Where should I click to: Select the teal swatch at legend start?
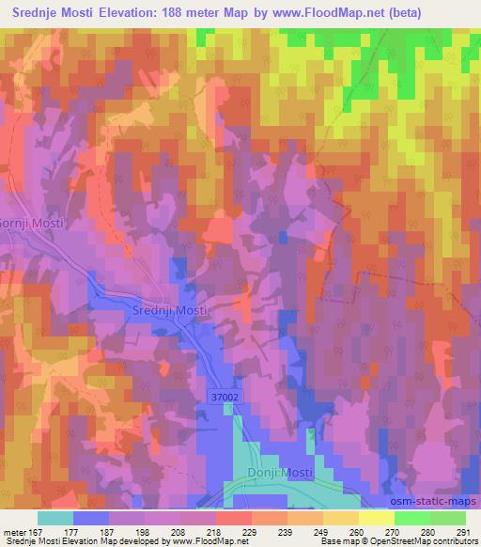click(55, 519)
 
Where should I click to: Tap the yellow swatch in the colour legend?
click(376, 519)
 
